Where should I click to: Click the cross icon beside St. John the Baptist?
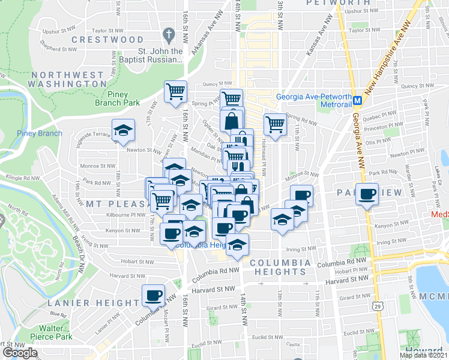coord(170,35)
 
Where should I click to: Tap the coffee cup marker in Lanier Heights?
coord(153,295)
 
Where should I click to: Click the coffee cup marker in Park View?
coord(367,194)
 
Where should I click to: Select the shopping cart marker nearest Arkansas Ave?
coord(176,92)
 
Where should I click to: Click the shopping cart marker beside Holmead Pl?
coord(275,125)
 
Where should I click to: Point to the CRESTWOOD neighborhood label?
coord(107,40)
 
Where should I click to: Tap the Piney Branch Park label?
coord(115,98)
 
